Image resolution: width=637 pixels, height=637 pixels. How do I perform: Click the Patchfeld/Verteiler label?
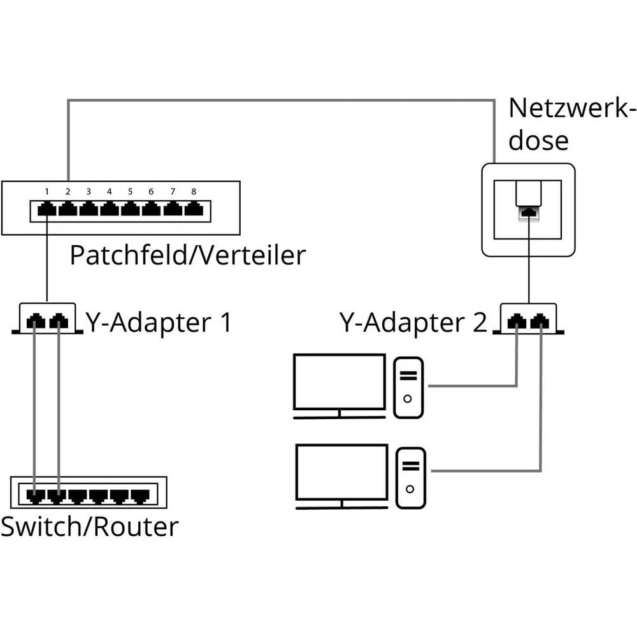tap(187, 255)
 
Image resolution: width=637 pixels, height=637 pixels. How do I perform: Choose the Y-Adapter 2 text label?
tap(413, 323)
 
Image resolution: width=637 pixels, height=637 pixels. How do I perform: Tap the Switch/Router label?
tap(89, 527)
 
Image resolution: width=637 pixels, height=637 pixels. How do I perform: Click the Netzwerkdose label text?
tap(571, 124)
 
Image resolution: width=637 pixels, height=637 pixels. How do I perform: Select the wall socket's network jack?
tap(528, 213)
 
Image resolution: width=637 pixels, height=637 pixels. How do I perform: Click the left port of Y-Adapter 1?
tap(36, 322)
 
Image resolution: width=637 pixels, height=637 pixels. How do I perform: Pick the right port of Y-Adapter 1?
tap(59, 322)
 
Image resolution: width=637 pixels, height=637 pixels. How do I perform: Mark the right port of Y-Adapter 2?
tap(541, 322)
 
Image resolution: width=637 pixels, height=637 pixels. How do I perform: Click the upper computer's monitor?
tap(339, 382)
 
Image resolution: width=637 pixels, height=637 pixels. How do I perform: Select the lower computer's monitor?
tap(342, 473)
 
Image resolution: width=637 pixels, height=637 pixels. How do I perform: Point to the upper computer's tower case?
tap(408, 387)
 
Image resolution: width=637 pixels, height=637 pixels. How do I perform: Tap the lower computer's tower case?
tap(411, 478)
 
